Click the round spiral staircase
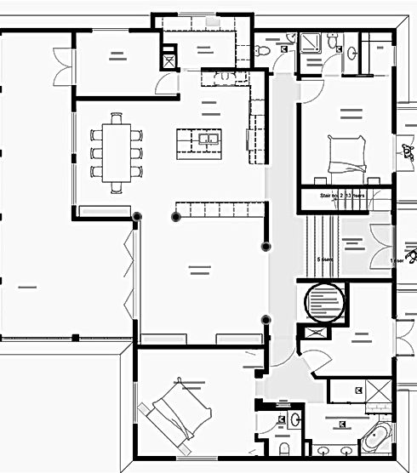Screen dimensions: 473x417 [324, 302]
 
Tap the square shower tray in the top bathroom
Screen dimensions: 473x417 [308, 43]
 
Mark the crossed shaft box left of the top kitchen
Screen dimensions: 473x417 [169, 60]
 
